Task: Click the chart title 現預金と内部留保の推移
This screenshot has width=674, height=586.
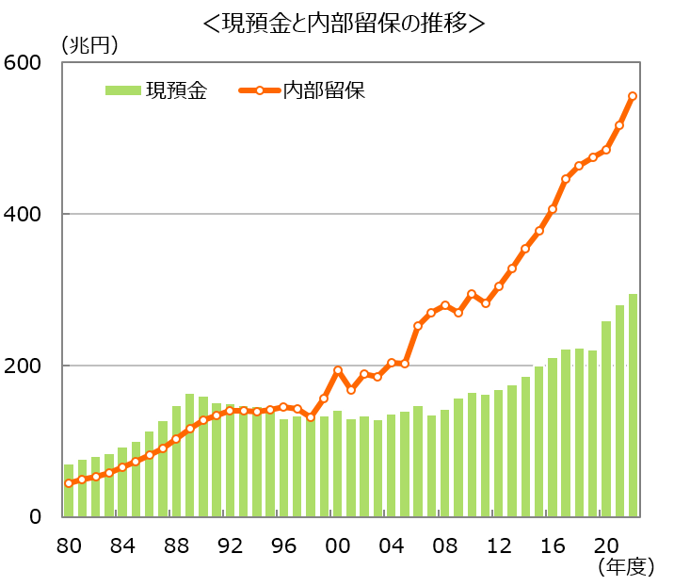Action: (x=344, y=21)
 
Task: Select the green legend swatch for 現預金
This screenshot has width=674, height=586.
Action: (x=121, y=90)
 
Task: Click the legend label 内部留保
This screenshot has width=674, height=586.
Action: (x=324, y=90)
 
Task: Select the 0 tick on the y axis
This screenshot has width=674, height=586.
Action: (x=36, y=517)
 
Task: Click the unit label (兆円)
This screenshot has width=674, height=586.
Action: (x=89, y=43)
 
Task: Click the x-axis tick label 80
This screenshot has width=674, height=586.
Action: (x=69, y=545)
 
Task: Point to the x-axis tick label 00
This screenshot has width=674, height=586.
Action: (x=337, y=545)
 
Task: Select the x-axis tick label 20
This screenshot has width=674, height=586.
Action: (x=606, y=545)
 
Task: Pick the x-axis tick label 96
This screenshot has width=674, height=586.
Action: (x=283, y=545)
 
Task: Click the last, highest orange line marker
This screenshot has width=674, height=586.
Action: (x=633, y=96)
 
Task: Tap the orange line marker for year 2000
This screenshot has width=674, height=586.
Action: (x=337, y=370)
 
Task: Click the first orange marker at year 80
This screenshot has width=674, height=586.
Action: (x=69, y=483)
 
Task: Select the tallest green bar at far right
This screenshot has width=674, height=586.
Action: (x=633, y=405)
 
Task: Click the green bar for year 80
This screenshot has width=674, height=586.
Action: (x=69, y=490)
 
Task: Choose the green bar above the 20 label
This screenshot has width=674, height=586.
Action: (x=606, y=419)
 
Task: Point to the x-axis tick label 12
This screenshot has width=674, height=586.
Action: (x=499, y=545)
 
